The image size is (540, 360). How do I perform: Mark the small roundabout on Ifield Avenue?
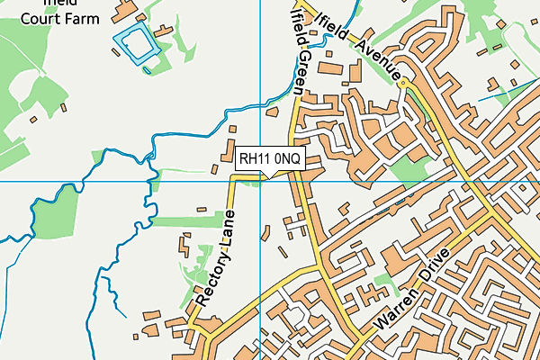pos(404,83)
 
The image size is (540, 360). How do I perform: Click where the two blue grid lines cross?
pos(260,181)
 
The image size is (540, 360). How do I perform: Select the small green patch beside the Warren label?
pos(385,284)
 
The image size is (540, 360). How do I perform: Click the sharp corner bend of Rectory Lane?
pos(231,179)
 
